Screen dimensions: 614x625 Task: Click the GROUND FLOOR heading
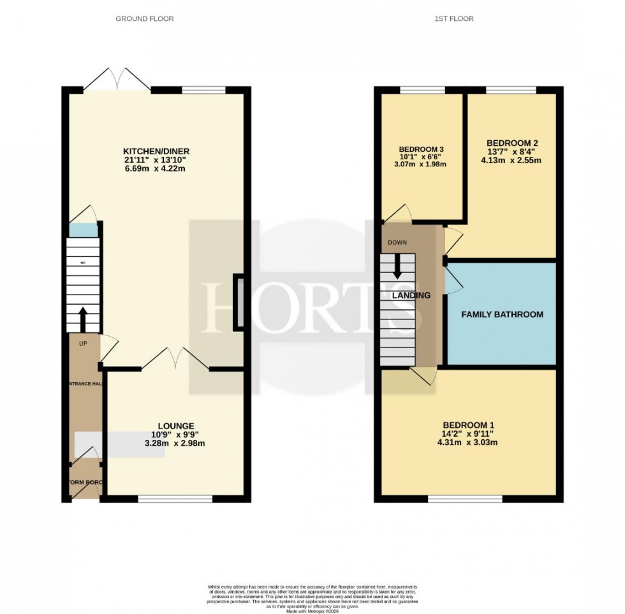coord(144,18)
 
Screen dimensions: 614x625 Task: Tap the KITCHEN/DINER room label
coord(156,151)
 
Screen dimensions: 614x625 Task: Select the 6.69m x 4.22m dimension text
coord(156,169)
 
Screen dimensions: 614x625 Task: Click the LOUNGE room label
coord(176,425)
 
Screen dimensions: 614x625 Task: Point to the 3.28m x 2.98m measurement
coord(176,443)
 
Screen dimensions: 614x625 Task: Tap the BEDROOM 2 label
coord(512,143)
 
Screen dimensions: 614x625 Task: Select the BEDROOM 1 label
coord(469,425)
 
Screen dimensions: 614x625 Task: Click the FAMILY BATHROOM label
coord(502,314)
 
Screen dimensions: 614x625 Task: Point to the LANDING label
coord(411,295)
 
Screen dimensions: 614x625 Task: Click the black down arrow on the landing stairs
coord(397,267)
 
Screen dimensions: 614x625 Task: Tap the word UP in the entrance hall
coord(83,344)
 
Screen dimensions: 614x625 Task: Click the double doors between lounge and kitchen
coord(175,358)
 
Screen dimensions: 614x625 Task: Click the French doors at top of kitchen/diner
coord(118,78)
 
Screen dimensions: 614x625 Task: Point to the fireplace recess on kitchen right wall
coord(239,302)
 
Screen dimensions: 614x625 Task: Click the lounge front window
coord(175,499)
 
